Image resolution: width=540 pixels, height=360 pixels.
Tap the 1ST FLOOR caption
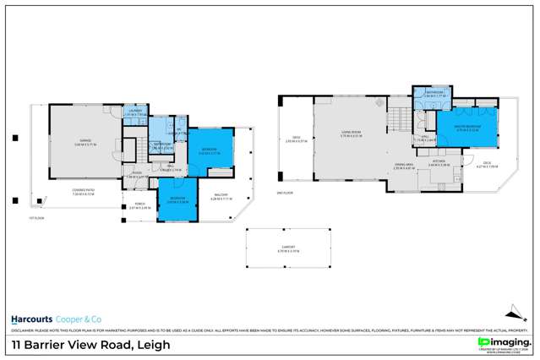tap(35, 216)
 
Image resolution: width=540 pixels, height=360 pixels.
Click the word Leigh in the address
tap(153, 344)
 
